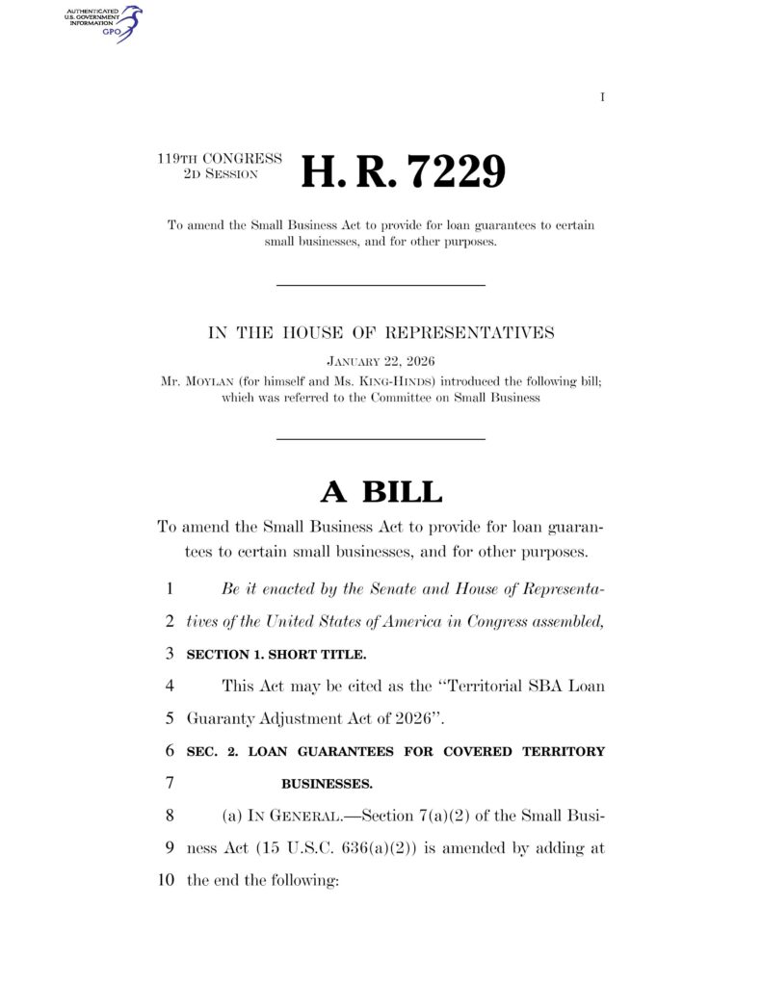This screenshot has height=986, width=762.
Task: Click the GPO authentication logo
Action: pyautogui.click(x=102, y=22)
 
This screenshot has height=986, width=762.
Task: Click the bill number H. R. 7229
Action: pyautogui.click(x=403, y=171)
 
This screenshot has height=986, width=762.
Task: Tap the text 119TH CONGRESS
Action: pyautogui.click(x=220, y=158)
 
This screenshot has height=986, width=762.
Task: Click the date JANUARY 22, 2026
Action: pyautogui.click(x=381, y=361)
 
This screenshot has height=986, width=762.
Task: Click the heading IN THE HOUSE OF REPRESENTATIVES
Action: pyautogui.click(x=381, y=333)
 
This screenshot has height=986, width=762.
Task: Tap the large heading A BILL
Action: pyautogui.click(x=381, y=491)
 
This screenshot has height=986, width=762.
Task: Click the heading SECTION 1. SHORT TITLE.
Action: pyautogui.click(x=276, y=655)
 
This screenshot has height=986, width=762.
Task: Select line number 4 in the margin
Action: pyautogui.click(x=169, y=687)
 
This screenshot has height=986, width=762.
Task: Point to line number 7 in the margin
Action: pyautogui.click(x=169, y=783)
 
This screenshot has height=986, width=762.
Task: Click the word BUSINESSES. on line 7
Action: pyautogui.click(x=327, y=783)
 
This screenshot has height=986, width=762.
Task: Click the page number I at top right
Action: pyautogui.click(x=602, y=97)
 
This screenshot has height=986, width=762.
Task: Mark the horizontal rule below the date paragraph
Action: pyautogui.click(x=381, y=439)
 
